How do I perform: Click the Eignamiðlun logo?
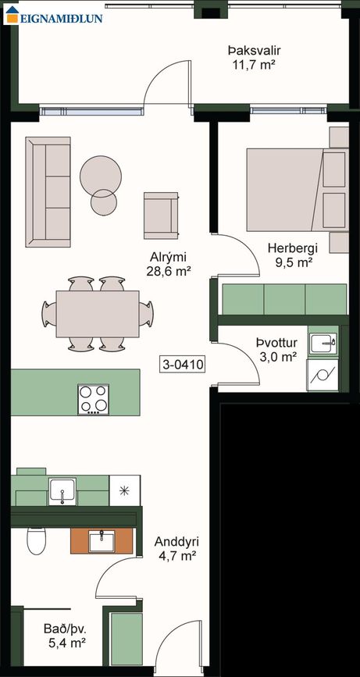pyautogui.click(x=54, y=15)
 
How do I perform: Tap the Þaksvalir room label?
pyautogui.click(x=255, y=51)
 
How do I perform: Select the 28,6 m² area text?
pyautogui.click(x=169, y=271)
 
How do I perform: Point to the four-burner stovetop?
pyautogui.click(x=93, y=399)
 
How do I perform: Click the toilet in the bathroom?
pyautogui.click(x=36, y=540)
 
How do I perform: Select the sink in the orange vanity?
pyautogui.click(x=102, y=541)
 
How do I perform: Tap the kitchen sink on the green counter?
pyautogui.click(x=62, y=491)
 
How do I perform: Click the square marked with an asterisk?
pyautogui.click(x=125, y=490)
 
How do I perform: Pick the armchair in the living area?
pyautogui.click(x=161, y=216)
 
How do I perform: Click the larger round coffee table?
pyautogui.click(x=101, y=176)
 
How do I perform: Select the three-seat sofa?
pyautogui.click(x=48, y=192)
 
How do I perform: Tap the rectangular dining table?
pyautogui.click(x=98, y=314)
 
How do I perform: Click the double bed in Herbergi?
pyautogui.click(x=298, y=190)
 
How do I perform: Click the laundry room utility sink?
pyautogui.click(x=323, y=344)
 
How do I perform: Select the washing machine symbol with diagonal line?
pyautogui.click(x=323, y=375)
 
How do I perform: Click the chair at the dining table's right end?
pyautogui.click(x=146, y=313)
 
